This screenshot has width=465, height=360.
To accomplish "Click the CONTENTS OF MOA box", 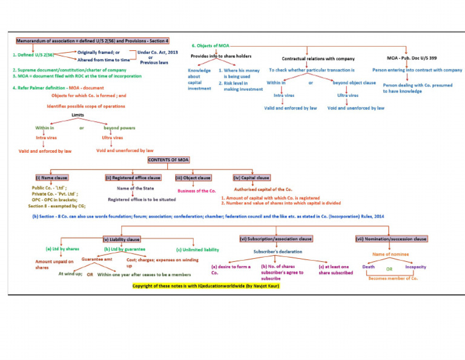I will point(169,159).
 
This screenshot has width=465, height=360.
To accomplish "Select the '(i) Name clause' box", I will point(51,178).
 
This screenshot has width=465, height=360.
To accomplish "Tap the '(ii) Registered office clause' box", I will point(133,178).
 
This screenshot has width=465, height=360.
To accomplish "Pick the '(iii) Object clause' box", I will point(194,178).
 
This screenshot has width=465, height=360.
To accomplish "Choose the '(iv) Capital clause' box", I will point(251,178).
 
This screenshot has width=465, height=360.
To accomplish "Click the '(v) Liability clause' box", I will point(122,239).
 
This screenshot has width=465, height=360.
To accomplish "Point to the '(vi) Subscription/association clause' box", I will point(276,239).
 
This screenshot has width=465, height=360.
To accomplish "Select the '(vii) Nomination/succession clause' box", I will point(391,239).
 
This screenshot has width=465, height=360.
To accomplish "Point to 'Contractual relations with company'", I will point(318,58).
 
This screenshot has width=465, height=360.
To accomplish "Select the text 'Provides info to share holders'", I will point(221,56).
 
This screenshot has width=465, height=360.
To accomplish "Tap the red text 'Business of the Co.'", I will point(197,190).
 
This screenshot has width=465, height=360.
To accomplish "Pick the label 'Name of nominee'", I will point(389,255).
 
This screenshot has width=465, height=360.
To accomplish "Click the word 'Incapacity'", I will point(415,267).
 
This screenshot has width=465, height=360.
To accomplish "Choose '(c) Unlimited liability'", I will point(197,249).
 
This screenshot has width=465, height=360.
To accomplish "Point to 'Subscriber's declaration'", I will point(277,252).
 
